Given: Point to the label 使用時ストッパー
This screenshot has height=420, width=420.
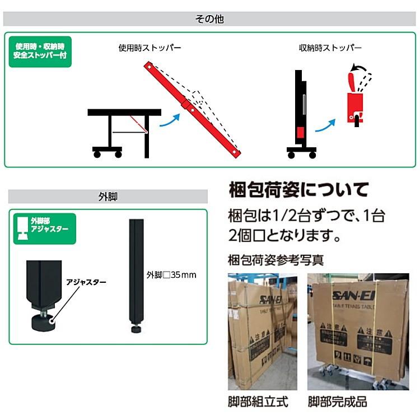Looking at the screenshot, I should coord(150,48).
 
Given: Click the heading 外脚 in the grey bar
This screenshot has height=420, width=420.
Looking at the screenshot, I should coord(107,197).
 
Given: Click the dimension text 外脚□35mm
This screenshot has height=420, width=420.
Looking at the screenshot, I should coord(171,276).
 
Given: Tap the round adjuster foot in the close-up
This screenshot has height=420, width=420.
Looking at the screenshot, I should coord(43,322).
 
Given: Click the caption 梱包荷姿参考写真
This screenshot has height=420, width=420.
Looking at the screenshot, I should coord(276,260).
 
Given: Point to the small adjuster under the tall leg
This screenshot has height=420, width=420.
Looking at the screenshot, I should coord(136,328).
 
